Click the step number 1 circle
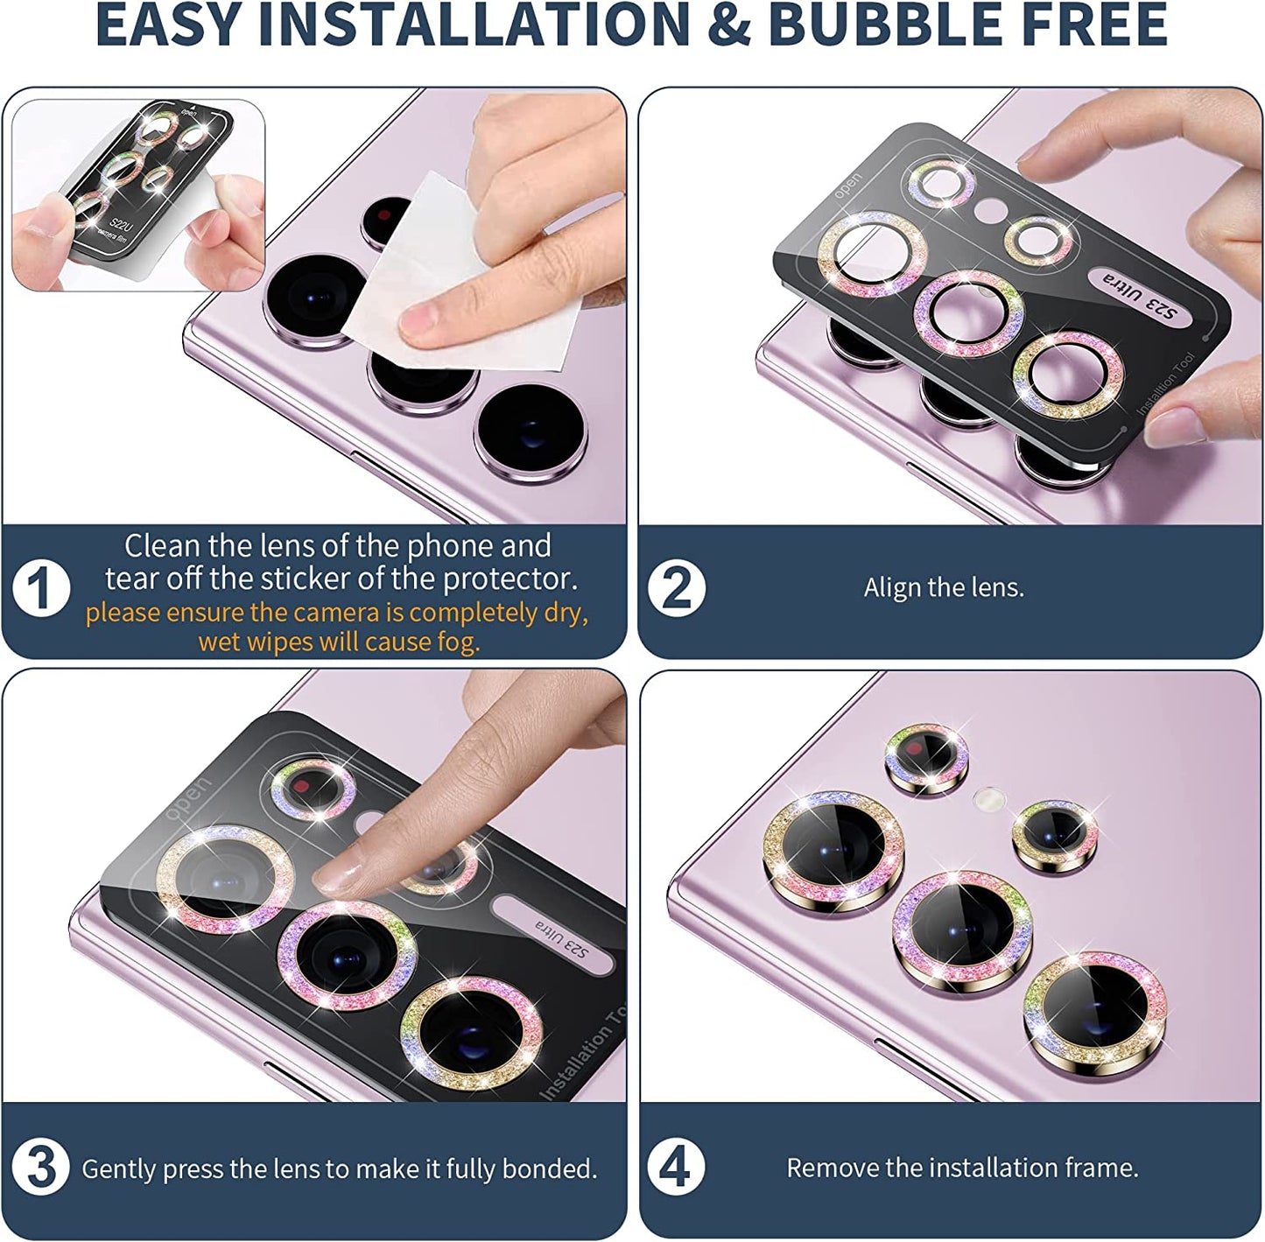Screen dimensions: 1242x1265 (x=41, y=588)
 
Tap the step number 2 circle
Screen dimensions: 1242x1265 (x=676, y=588)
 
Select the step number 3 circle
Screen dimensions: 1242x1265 (x=41, y=1168)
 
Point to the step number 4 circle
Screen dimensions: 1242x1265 (x=675, y=1168)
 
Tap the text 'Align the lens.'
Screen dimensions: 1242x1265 (x=944, y=587)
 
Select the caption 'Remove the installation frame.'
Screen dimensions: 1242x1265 (x=962, y=1168)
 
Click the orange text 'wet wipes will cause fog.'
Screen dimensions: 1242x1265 (x=339, y=642)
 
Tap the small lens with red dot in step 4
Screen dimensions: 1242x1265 (x=926, y=758)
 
